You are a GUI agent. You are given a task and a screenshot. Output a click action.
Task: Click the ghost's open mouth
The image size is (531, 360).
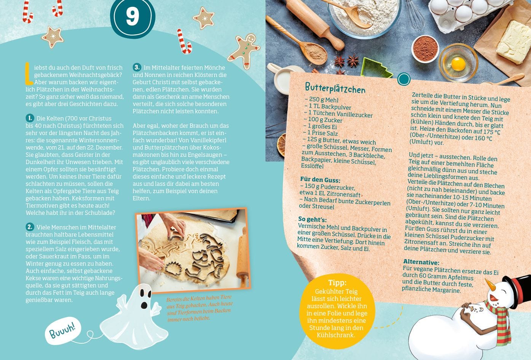(144, 305)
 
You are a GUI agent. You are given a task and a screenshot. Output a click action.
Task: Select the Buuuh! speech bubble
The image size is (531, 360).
(63, 331)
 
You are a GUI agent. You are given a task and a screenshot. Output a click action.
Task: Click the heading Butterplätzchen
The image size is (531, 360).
(335, 88)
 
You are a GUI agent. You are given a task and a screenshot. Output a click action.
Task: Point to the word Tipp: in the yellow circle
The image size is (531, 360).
(337, 283)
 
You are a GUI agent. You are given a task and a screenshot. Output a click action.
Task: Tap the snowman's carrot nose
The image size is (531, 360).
(490, 285)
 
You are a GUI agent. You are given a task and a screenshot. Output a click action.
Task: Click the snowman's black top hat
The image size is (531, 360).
(518, 285)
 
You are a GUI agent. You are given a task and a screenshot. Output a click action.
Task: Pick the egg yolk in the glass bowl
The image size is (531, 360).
(458, 64)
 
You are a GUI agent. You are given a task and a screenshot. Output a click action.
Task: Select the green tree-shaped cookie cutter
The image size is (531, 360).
(376, 68)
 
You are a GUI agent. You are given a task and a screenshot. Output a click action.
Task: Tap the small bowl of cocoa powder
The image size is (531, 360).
(425, 49)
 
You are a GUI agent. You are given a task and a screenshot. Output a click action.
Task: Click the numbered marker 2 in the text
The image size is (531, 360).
(30, 227)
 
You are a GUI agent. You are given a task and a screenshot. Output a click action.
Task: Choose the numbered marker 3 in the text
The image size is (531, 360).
(137, 67)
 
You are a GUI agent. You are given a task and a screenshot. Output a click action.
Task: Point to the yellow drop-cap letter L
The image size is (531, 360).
(29, 73)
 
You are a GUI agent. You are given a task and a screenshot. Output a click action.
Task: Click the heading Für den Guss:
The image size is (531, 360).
(320, 179)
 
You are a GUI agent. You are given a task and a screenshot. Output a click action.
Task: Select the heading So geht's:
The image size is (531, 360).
(312, 219)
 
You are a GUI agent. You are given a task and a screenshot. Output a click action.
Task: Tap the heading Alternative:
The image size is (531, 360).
(421, 262)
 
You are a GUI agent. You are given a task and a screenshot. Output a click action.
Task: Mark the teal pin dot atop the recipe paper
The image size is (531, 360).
(404, 79)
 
